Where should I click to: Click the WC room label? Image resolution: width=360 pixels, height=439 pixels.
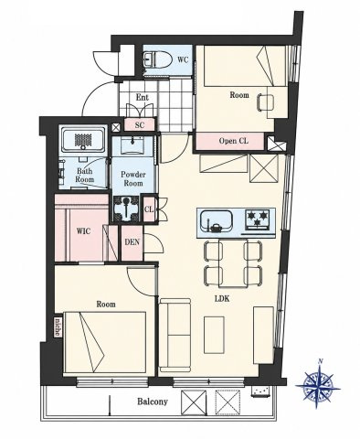183,60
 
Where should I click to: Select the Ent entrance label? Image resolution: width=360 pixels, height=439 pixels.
142,98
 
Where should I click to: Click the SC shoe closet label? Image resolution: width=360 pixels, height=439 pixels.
140,125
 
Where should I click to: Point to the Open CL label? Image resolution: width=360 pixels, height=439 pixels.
234,141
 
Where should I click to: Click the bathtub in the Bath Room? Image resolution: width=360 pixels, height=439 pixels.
83,141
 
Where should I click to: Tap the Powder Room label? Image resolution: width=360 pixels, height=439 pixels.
133,179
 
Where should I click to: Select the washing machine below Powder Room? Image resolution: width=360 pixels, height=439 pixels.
125,209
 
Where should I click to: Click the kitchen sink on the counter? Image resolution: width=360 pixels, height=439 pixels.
216,222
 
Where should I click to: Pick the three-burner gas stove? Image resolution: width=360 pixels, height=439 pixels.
258,219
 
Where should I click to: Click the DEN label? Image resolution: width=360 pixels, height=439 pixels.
132,242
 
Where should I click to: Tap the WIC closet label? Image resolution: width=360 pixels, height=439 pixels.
83,231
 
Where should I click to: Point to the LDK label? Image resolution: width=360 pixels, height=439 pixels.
222,299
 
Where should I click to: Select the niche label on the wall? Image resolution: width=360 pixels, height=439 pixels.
58,327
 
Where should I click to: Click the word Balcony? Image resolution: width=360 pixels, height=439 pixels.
153,402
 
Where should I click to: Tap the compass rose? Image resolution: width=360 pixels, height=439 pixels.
318,386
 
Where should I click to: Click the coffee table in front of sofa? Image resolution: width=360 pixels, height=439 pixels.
214,335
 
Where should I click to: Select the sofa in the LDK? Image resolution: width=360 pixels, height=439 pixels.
175,335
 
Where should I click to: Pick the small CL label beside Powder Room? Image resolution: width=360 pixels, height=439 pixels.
148,209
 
